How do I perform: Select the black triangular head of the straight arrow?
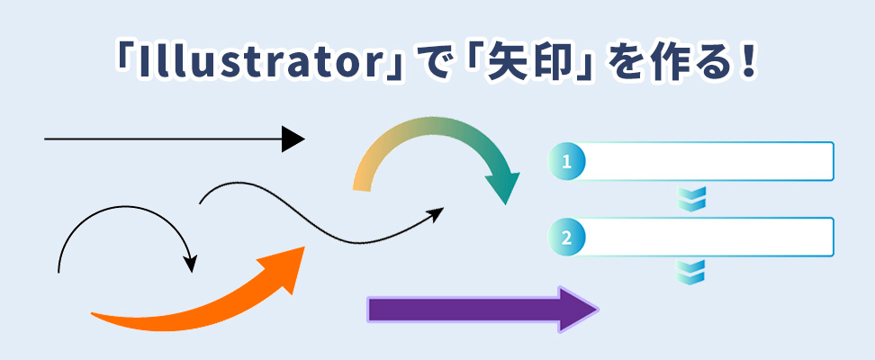pyautogui.click(x=293, y=139)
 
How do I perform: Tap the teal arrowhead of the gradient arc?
pyautogui.click(x=502, y=188)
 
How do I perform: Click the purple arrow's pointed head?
pyautogui.click(x=578, y=310)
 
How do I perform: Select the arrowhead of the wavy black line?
pyautogui.click(x=436, y=214)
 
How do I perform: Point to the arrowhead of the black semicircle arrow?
pyautogui.click(x=191, y=264)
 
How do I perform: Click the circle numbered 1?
pyautogui.click(x=566, y=162)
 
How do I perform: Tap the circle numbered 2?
pyautogui.click(x=566, y=238)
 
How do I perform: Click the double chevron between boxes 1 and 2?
pyautogui.click(x=691, y=199)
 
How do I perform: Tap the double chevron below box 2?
pyautogui.click(x=691, y=272)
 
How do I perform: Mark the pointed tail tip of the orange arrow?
pyautogui.click(x=93, y=314)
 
